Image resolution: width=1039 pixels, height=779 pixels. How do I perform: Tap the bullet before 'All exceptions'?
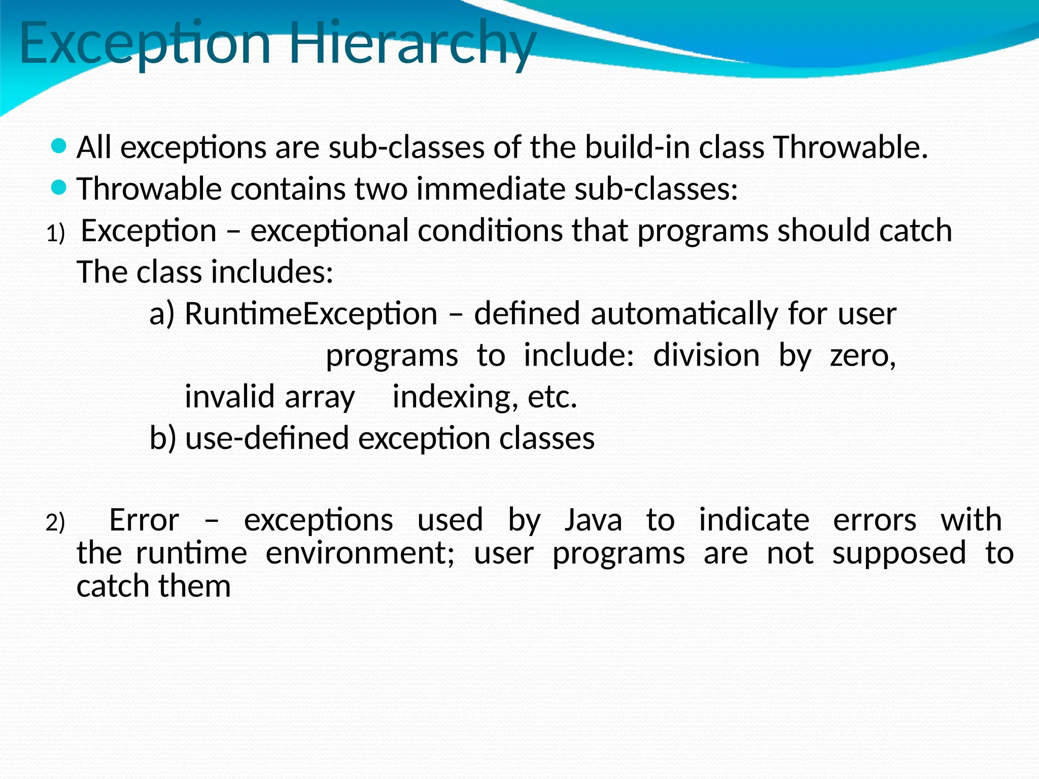[x=59, y=147]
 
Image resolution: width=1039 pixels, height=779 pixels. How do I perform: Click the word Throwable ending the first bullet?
[x=850, y=148]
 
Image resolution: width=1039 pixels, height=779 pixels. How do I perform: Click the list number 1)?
[x=56, y=234]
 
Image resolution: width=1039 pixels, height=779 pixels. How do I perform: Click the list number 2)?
[x=56, y=523]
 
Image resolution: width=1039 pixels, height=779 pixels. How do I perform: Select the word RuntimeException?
[x=311, y=314]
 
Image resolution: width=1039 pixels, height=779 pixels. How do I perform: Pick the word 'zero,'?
[x=863, y=356]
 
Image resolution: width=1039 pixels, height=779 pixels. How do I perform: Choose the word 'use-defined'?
[x=267, y=438]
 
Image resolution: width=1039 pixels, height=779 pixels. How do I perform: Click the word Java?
[x=593, y=520]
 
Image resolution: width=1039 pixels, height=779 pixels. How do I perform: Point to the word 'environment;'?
[x=360, y=553]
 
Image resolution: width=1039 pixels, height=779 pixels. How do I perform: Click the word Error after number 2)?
[x=144, y=520]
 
